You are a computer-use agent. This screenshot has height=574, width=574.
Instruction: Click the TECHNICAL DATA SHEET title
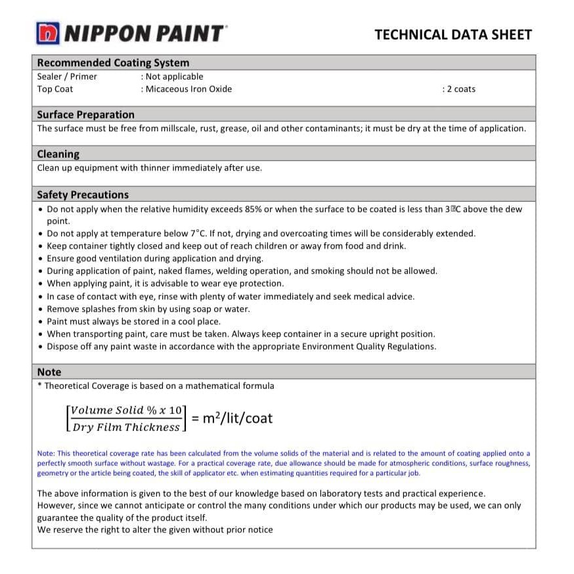[x=453, y=35]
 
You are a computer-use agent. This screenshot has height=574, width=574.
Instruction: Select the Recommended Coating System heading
[x=113, y=63]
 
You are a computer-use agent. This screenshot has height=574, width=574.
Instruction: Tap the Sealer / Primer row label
[x=67, y=76]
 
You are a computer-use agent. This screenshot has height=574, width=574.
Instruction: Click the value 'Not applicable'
[x=174, y=76]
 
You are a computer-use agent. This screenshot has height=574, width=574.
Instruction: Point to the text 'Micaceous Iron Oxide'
[x=188, y=89]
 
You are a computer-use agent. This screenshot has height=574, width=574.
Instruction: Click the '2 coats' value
[x=460, y=89]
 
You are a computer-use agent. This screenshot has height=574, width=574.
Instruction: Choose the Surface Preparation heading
[x=85, y=114]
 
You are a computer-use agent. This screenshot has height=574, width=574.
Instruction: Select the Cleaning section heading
[x=58, y=154]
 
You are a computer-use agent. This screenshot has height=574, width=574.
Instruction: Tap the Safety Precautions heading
[x=83, y=194]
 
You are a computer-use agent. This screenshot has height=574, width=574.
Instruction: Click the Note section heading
[x=49, y=372]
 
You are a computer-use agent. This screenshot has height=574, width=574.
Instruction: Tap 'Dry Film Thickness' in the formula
[x=126, y=427]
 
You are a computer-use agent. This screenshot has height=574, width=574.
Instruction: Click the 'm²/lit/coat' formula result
[x=238, y=418]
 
